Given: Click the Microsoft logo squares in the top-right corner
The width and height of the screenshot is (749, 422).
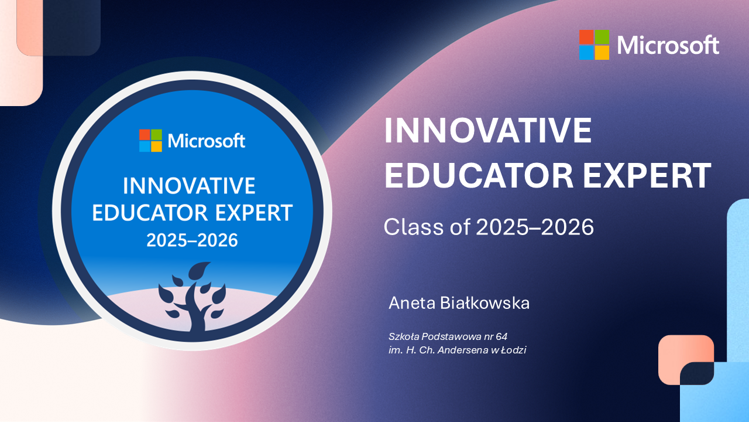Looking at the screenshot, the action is click(x=594, y=45).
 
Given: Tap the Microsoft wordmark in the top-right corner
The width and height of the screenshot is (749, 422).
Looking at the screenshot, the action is click(x=668, y=45).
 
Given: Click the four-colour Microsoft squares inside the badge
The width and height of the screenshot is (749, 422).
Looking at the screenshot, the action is click(x=150, y=140).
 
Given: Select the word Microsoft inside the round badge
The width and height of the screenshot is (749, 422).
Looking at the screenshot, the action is click(x=207, y=141).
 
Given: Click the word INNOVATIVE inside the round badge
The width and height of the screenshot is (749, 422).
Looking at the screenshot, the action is click(x=189, y=186).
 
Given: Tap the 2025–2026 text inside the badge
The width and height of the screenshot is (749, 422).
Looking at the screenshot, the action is click(x=192, y=240).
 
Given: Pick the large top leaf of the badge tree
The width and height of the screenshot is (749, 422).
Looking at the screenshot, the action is click(x=200, y=270).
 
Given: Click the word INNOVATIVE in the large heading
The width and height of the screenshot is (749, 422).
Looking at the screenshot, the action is click(x=488, y=130).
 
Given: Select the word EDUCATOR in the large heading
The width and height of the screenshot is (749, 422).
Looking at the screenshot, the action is click(x=479, y=175).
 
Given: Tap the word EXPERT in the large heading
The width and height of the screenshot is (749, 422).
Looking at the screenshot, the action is click(x=647, y=175).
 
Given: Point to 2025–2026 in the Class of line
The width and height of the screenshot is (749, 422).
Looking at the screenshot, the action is click(x=535, y=227).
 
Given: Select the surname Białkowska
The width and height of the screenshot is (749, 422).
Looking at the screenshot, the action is click(x=485, y=303).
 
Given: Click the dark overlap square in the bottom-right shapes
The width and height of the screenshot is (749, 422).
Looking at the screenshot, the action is click(x=697, y=373).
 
